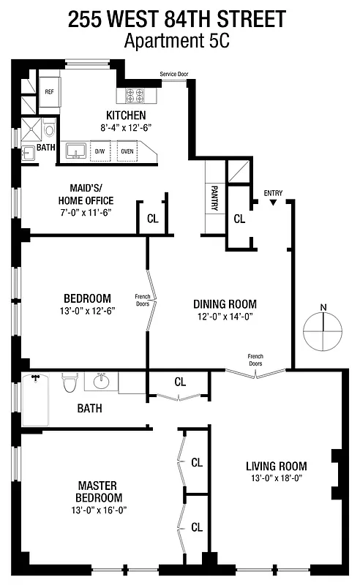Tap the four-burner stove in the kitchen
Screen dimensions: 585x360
click(x=135, y=95)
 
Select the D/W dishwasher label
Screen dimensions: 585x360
click(x=100, y=151)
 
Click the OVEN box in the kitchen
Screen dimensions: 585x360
click(x=127, y=151)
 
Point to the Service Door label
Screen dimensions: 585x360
click(x=174, y=74)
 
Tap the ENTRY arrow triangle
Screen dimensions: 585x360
click(x=273, y=203)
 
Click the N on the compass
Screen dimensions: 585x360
click(x=323, y=307)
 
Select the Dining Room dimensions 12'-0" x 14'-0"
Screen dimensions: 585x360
click(x=225, y=317)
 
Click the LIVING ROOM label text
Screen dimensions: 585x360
click(x=276, y=466)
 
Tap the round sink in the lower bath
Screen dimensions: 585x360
click(x=101, y=382)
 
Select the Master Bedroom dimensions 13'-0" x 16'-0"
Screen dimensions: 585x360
click(x=100, y=510)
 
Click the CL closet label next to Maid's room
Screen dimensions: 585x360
click(x=152, y=218)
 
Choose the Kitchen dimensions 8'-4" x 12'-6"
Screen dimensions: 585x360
click(x=126, y=127)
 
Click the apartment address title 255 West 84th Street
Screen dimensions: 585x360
click(x=177, y=20)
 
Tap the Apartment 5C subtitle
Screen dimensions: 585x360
click(x=177, y=41)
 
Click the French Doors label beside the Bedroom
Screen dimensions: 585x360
click(x=143, y=299)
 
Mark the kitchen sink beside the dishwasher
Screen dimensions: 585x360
click(x=75, y=151)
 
